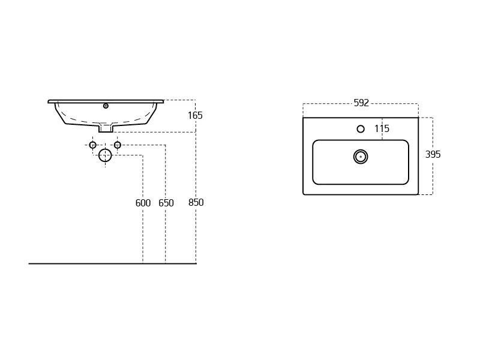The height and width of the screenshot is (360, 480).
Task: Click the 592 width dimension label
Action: point(361,103)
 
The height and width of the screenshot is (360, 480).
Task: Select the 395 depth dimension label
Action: point(433,154)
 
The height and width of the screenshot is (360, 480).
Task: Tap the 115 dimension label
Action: point(382,128)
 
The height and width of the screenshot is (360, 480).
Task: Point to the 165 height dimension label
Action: point(196,115)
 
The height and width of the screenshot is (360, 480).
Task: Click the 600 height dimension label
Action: point(143,203)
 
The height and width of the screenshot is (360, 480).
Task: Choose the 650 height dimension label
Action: point(166,203)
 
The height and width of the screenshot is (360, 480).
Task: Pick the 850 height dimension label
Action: point(196,202)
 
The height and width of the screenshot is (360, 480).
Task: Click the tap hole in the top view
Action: point(361,129)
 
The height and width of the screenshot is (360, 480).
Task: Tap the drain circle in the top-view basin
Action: point(361,157)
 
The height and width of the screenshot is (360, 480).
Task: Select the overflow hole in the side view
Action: point(106,106)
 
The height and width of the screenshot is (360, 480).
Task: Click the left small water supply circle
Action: point(93,145)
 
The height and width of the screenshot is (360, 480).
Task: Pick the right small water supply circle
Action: point(117,145)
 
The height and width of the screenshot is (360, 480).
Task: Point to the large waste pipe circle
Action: point(105,155)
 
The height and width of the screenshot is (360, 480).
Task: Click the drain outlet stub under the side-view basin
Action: point(106,128)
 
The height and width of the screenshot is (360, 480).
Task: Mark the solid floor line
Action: point(112,263)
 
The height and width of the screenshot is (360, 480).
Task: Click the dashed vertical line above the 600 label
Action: point(143,176)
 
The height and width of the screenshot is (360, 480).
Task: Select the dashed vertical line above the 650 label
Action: point(166,172)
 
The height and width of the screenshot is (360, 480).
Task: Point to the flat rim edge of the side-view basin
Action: point(106,101)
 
